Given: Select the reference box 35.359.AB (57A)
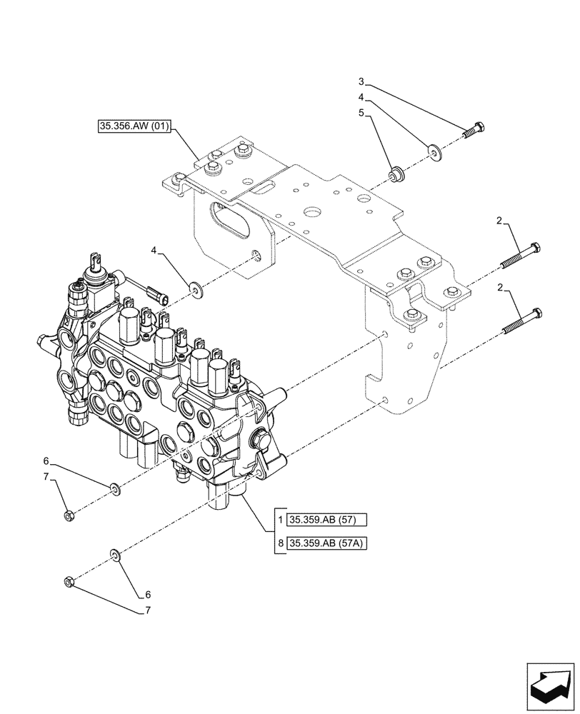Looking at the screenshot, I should coord(328,545).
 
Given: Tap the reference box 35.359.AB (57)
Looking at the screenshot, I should coord(327,519).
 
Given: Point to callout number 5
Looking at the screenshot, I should coord(361,113).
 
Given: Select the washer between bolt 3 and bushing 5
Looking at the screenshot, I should coord(433,151).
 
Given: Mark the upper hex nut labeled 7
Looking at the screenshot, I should coord(70,516).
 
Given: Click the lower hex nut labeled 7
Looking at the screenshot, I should coord(69,583).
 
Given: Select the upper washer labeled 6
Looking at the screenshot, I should coord(114,489).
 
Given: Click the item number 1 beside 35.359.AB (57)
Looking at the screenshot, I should coord(281,519).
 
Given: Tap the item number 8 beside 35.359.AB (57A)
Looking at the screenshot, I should coord(281,545).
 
